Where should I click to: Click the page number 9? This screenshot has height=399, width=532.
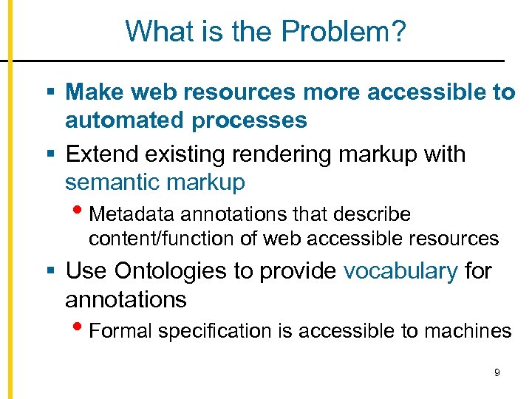[497, 373]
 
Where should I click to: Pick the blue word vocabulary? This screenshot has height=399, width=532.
[400, 271]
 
